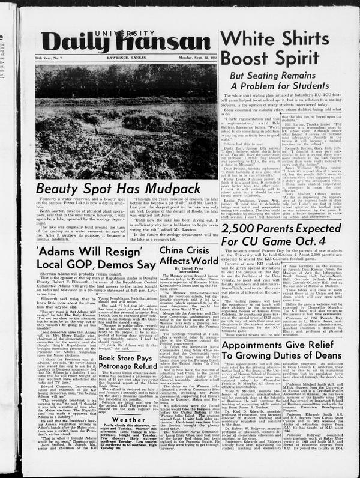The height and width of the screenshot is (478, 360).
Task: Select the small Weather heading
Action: pos(128,404)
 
